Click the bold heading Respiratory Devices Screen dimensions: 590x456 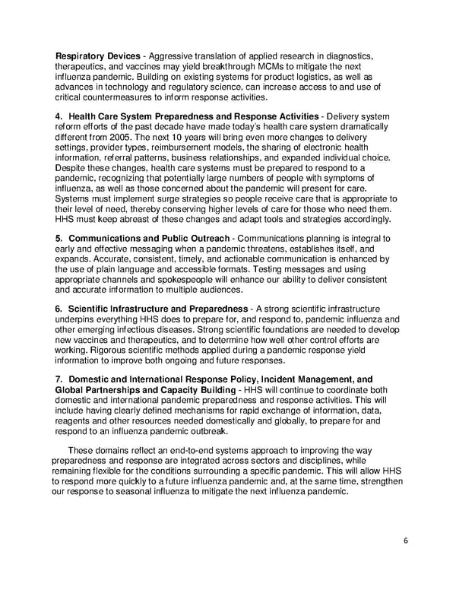click(x=98, y=56)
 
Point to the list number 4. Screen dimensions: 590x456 click(x=59, y=116)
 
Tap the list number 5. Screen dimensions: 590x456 click(x=59, y=238)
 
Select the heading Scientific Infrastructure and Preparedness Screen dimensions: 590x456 click(x=158, y=308)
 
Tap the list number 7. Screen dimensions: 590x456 click(x=59, y=379)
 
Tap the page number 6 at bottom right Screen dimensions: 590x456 click(x=406, y=541)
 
